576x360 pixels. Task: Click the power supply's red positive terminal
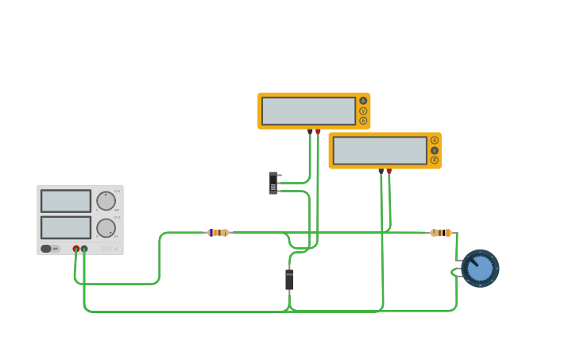tap(76, 249)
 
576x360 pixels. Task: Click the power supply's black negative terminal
tap(84, 249)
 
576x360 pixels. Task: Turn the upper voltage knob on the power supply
tap(106, 201)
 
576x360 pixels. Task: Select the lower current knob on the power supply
tap(106, 228)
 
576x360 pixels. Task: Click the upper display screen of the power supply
tap(66, 201)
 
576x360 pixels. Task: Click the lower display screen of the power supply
tap(66, 227)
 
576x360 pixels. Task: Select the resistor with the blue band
tap(218, 233)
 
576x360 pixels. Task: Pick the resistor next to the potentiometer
tap(440, 233)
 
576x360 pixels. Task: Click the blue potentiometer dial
tap(480, 269)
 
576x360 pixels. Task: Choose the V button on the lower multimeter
tap(435, 150)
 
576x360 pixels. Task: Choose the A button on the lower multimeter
tap(435, 140)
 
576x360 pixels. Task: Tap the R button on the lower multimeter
tap(435, 161)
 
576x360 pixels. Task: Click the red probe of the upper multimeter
tap(319, 132)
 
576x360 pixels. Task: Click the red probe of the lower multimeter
tap(389, 172)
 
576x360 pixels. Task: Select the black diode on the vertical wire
tap(289, 279)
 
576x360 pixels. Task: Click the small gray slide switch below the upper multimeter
tap(273, 184)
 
